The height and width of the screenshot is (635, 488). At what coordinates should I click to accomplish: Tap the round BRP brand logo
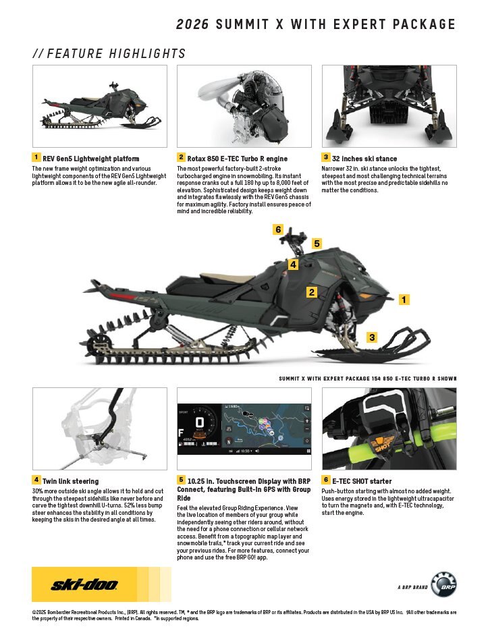pos(443,584)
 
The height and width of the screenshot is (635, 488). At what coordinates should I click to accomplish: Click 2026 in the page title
pos(193,25)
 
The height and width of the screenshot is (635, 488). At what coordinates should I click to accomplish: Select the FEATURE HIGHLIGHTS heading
pos(109,54)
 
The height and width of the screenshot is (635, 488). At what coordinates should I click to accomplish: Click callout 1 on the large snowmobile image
pos(404,299)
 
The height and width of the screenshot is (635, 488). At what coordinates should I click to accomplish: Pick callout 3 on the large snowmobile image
pos(372,336)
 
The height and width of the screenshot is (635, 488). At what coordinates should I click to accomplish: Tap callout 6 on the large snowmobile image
pos(278,229)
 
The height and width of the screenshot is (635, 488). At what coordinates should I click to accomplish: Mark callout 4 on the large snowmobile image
pos(293,265)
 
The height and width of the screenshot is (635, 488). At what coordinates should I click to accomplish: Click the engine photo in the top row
pos(244,106)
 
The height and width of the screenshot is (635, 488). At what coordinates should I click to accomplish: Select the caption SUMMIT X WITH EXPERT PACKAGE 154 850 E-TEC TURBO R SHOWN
pos(367,379)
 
